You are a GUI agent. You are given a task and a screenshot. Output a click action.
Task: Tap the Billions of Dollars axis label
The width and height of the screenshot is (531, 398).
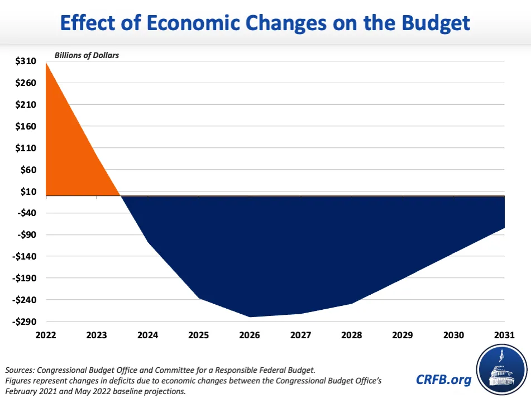coord(87,55)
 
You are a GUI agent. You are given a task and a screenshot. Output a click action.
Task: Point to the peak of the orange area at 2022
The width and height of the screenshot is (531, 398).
coord(46,62)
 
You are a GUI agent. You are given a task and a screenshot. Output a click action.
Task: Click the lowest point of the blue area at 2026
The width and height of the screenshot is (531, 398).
coord(250,317)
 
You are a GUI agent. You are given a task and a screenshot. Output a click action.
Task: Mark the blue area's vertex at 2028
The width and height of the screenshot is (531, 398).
coord(352,303)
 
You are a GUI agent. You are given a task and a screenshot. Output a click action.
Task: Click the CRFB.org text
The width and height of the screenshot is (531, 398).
coord(443,380)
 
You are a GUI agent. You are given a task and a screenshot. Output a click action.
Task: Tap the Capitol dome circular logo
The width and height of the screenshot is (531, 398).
coord(501,368)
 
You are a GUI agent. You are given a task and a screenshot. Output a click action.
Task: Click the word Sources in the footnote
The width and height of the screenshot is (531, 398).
coord(21,370)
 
